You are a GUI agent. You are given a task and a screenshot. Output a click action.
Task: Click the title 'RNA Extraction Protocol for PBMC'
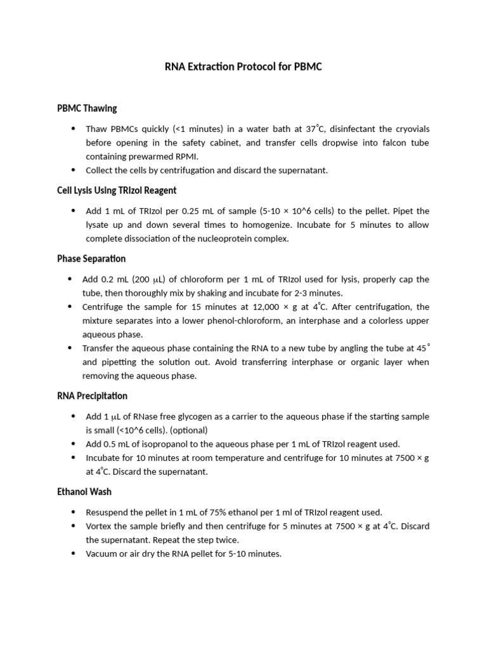[243, 67]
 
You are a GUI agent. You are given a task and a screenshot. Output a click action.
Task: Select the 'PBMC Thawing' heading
[87, 109]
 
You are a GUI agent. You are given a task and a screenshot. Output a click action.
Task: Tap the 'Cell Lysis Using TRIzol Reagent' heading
[117, 190]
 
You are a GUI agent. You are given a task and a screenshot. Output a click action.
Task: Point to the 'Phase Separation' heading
[91, 259]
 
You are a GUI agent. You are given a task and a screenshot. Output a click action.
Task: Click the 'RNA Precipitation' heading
[92, 396]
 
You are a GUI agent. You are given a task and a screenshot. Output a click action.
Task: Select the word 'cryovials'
[410, 129]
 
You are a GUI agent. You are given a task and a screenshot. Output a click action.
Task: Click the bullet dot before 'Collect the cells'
[74, 169]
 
